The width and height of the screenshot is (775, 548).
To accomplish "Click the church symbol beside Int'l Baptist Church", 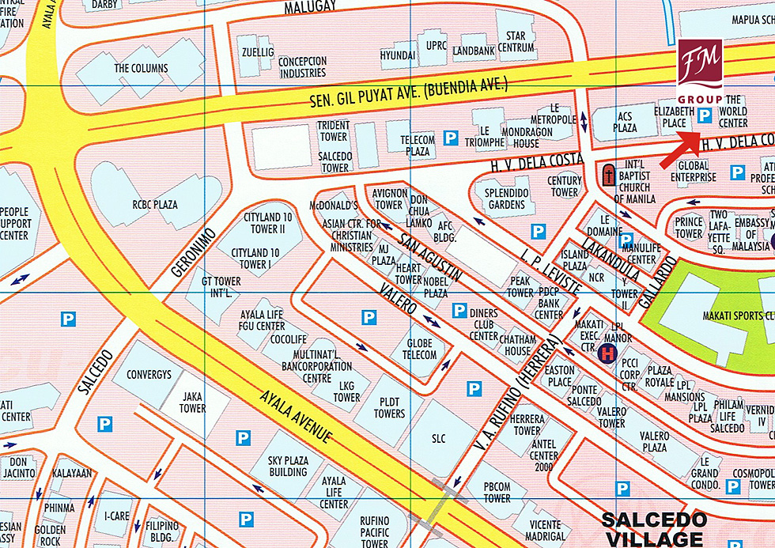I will (x=608, y=174).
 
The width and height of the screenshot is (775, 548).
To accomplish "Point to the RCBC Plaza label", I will (x=155, y=205).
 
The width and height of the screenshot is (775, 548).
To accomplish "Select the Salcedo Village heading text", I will (x=653, y=530).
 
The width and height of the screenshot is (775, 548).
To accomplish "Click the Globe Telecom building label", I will (x=420, y=349).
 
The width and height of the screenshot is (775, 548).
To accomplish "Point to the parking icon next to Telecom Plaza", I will (x=450, y=138).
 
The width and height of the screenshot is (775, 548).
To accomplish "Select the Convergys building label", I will (x=149, y=375).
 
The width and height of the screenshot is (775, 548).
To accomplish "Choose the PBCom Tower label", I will (x=497, y=493).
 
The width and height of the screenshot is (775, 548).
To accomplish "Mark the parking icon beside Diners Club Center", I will (x=459, y=311).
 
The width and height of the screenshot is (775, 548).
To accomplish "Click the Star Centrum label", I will (x=516, y=42).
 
